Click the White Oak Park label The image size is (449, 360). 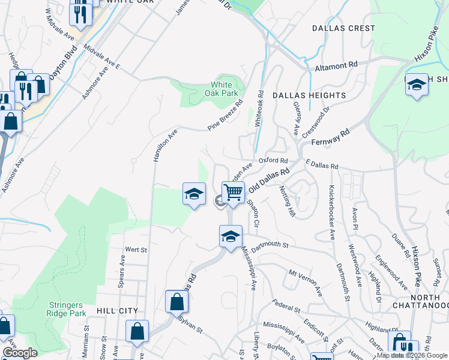(224, 89)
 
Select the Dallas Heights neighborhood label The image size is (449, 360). (309, 95)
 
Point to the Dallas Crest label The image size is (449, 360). (343, 28)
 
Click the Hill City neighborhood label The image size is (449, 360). (116, 311)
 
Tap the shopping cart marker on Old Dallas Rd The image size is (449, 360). (233, 193)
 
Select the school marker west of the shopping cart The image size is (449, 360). (194, 193)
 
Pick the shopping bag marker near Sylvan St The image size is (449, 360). (176, 301)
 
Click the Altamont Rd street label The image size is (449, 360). (336, 65)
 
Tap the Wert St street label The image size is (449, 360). (133, 249)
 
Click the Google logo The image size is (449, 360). (20, 353)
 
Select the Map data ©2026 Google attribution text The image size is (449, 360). (412, 355)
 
